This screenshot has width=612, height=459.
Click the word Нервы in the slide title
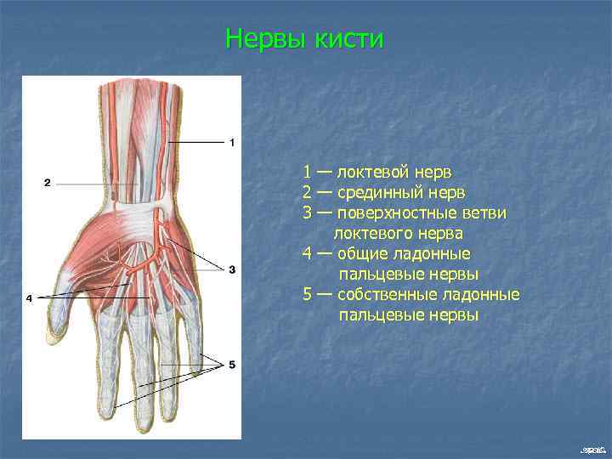point(263,39)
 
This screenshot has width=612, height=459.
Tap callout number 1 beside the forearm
point(232,142)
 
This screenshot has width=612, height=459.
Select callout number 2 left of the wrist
point(48,182)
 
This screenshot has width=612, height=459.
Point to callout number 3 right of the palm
point(231,269)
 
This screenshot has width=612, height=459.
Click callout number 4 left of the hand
point(29,298)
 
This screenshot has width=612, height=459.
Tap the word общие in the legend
point(361,254)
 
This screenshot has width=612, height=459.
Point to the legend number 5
point(307,295)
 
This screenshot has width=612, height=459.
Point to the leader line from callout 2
point(98,183)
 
